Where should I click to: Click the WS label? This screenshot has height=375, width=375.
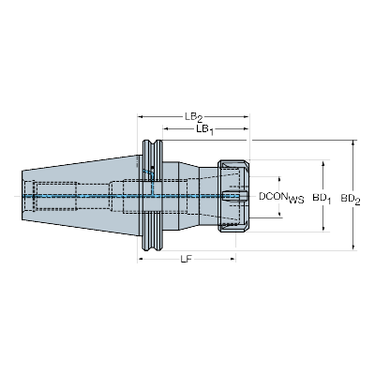[296, 201]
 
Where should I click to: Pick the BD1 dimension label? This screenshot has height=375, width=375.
[322, 199]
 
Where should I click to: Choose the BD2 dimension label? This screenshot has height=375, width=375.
[352, 199]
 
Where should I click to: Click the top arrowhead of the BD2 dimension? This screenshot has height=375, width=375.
[354, 144]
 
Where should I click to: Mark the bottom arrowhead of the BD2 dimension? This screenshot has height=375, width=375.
[354, 248]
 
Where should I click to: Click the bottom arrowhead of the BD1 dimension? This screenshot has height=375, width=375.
[323, 230]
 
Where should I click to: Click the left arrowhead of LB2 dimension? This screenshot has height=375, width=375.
[142, 117]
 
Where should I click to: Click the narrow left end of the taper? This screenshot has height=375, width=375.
[24, 196]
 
